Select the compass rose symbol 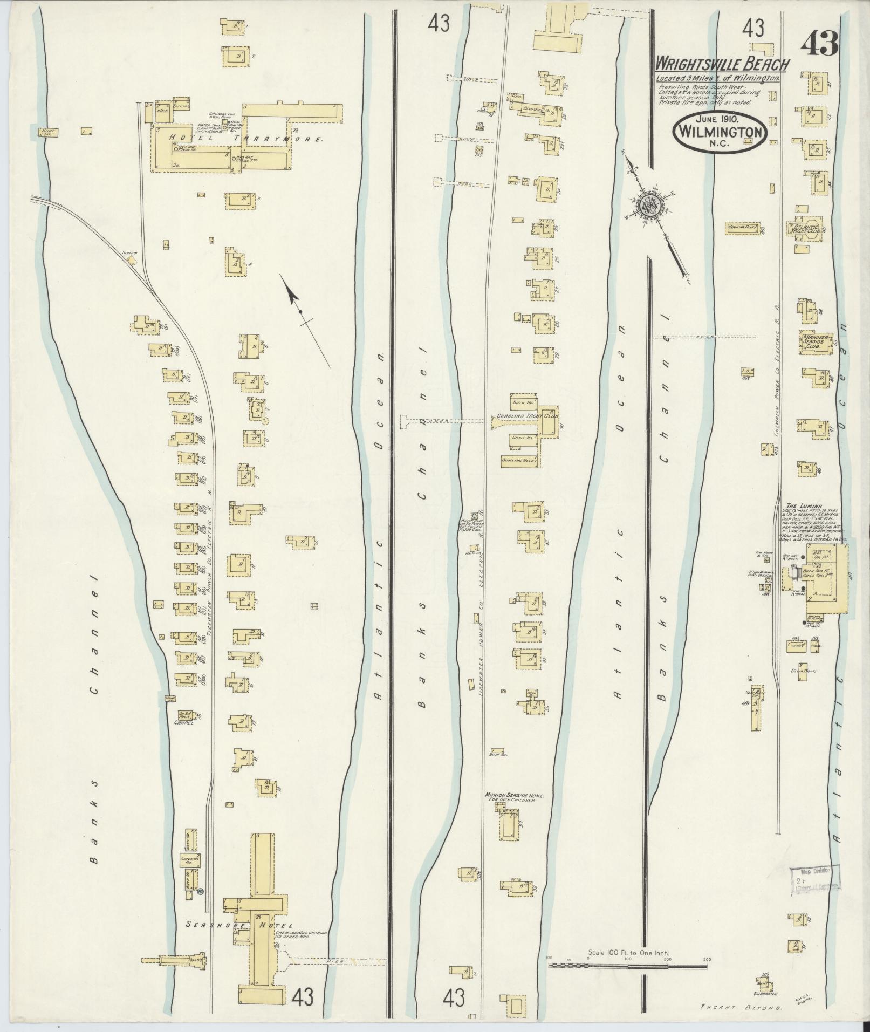pyautogui.click(x=649, y=205)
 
